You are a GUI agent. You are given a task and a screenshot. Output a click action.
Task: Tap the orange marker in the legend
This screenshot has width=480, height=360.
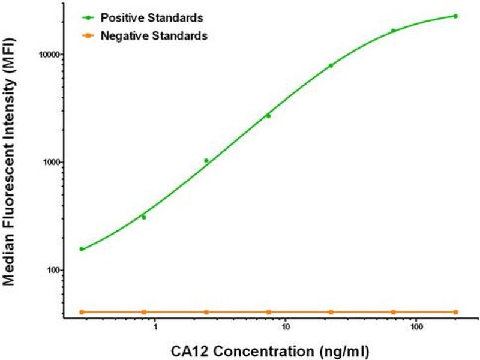coord(87,36)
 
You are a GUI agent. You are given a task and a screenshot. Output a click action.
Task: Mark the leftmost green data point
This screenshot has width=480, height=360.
coord(82,249)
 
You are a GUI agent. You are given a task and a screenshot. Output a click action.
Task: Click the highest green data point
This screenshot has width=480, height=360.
coord(455,16)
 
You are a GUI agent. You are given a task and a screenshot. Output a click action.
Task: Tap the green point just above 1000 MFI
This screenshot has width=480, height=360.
coord(206,160)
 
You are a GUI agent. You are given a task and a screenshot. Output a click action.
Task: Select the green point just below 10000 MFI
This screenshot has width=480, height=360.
coord(331,65)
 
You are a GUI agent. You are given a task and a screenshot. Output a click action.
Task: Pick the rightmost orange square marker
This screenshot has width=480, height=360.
coord(455,312)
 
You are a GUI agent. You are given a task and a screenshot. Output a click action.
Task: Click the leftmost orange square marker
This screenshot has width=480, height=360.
coord(82,312)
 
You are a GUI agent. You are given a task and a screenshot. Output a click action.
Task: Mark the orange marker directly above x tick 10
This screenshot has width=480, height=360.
coord(268,312)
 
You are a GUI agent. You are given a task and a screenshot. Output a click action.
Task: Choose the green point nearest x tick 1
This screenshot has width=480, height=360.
coord(144,217)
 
